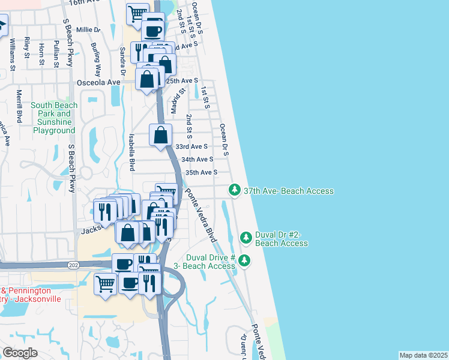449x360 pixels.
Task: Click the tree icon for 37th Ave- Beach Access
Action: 234,190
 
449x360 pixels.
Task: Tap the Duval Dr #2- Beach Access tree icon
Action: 246,238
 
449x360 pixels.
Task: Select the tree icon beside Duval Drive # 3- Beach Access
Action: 244,260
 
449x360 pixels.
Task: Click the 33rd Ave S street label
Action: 191,146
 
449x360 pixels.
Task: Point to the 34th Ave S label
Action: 197,160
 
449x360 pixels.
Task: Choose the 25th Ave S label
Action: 182,80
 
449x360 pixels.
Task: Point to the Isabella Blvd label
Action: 131,152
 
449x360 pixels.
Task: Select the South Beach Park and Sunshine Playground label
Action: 55,118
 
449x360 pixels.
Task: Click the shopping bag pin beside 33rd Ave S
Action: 161,136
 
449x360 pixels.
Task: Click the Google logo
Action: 20,353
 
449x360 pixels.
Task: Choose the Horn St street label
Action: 41,54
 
